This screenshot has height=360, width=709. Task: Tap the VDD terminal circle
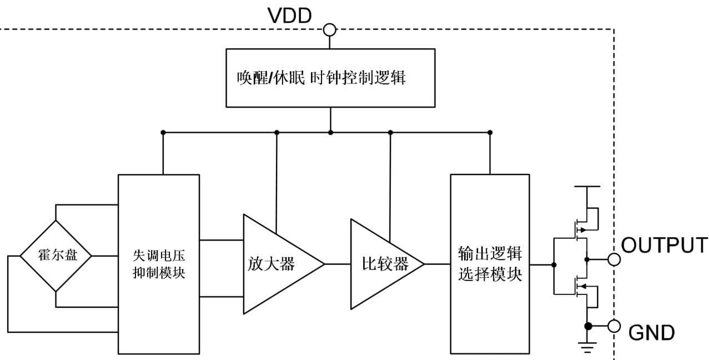[330, 29]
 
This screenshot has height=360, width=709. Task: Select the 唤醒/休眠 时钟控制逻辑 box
[330, 78]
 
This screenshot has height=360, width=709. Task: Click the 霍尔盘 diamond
[56, 256]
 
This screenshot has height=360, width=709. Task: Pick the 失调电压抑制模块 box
[159, 264]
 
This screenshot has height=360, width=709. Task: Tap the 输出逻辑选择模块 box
[490, 264]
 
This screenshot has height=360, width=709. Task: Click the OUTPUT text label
[664, 245]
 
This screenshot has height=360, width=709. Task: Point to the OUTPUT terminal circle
[614, 259]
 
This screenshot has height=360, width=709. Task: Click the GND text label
[651, 333]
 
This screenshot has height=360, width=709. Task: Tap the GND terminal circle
[614, 326]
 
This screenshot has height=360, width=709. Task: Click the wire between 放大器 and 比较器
[338, 264]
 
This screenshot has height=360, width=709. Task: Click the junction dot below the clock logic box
[330, 132]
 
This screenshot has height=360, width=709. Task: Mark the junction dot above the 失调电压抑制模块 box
[163, 132]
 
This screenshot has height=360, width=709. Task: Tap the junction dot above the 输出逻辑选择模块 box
[490, 132]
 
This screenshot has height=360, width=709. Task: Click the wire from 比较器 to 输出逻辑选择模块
[438, 264]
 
